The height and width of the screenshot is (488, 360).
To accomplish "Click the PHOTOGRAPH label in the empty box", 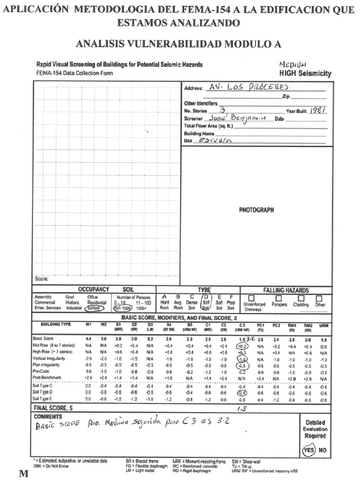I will click(256, 210).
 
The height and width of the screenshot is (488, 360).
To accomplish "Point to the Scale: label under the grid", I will click(42, 278).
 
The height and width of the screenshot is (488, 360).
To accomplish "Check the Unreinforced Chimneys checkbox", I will click(252, 298).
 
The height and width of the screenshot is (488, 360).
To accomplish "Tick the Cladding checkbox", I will click(300, 298).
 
